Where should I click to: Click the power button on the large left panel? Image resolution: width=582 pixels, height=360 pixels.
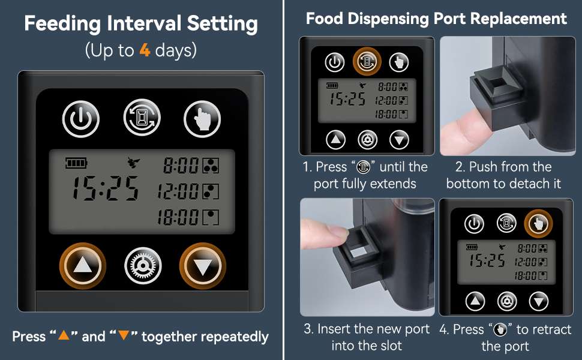[81, 119]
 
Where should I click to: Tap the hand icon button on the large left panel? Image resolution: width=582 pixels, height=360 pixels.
[202, 119]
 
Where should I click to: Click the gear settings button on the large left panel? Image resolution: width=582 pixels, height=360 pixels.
[143, 266]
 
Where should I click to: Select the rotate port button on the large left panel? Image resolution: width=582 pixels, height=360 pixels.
[142, 117]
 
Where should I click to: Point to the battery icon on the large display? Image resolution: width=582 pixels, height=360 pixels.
[76, 163]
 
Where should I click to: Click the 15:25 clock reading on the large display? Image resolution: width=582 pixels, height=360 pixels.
[106, 188]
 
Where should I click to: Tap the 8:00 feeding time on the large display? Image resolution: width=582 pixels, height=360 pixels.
[181, 166]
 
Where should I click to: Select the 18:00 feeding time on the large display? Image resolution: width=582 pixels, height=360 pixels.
[178, 217]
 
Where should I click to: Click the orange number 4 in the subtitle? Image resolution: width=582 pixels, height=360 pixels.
[145, 50]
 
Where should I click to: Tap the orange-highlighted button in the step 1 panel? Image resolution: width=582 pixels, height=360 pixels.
[367, 62]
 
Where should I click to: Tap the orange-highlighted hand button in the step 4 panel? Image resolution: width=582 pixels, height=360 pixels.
[538, 223]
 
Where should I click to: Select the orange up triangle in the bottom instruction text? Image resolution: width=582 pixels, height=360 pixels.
[64, 335]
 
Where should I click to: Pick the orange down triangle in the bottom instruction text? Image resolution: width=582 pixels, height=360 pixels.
[124, 335]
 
